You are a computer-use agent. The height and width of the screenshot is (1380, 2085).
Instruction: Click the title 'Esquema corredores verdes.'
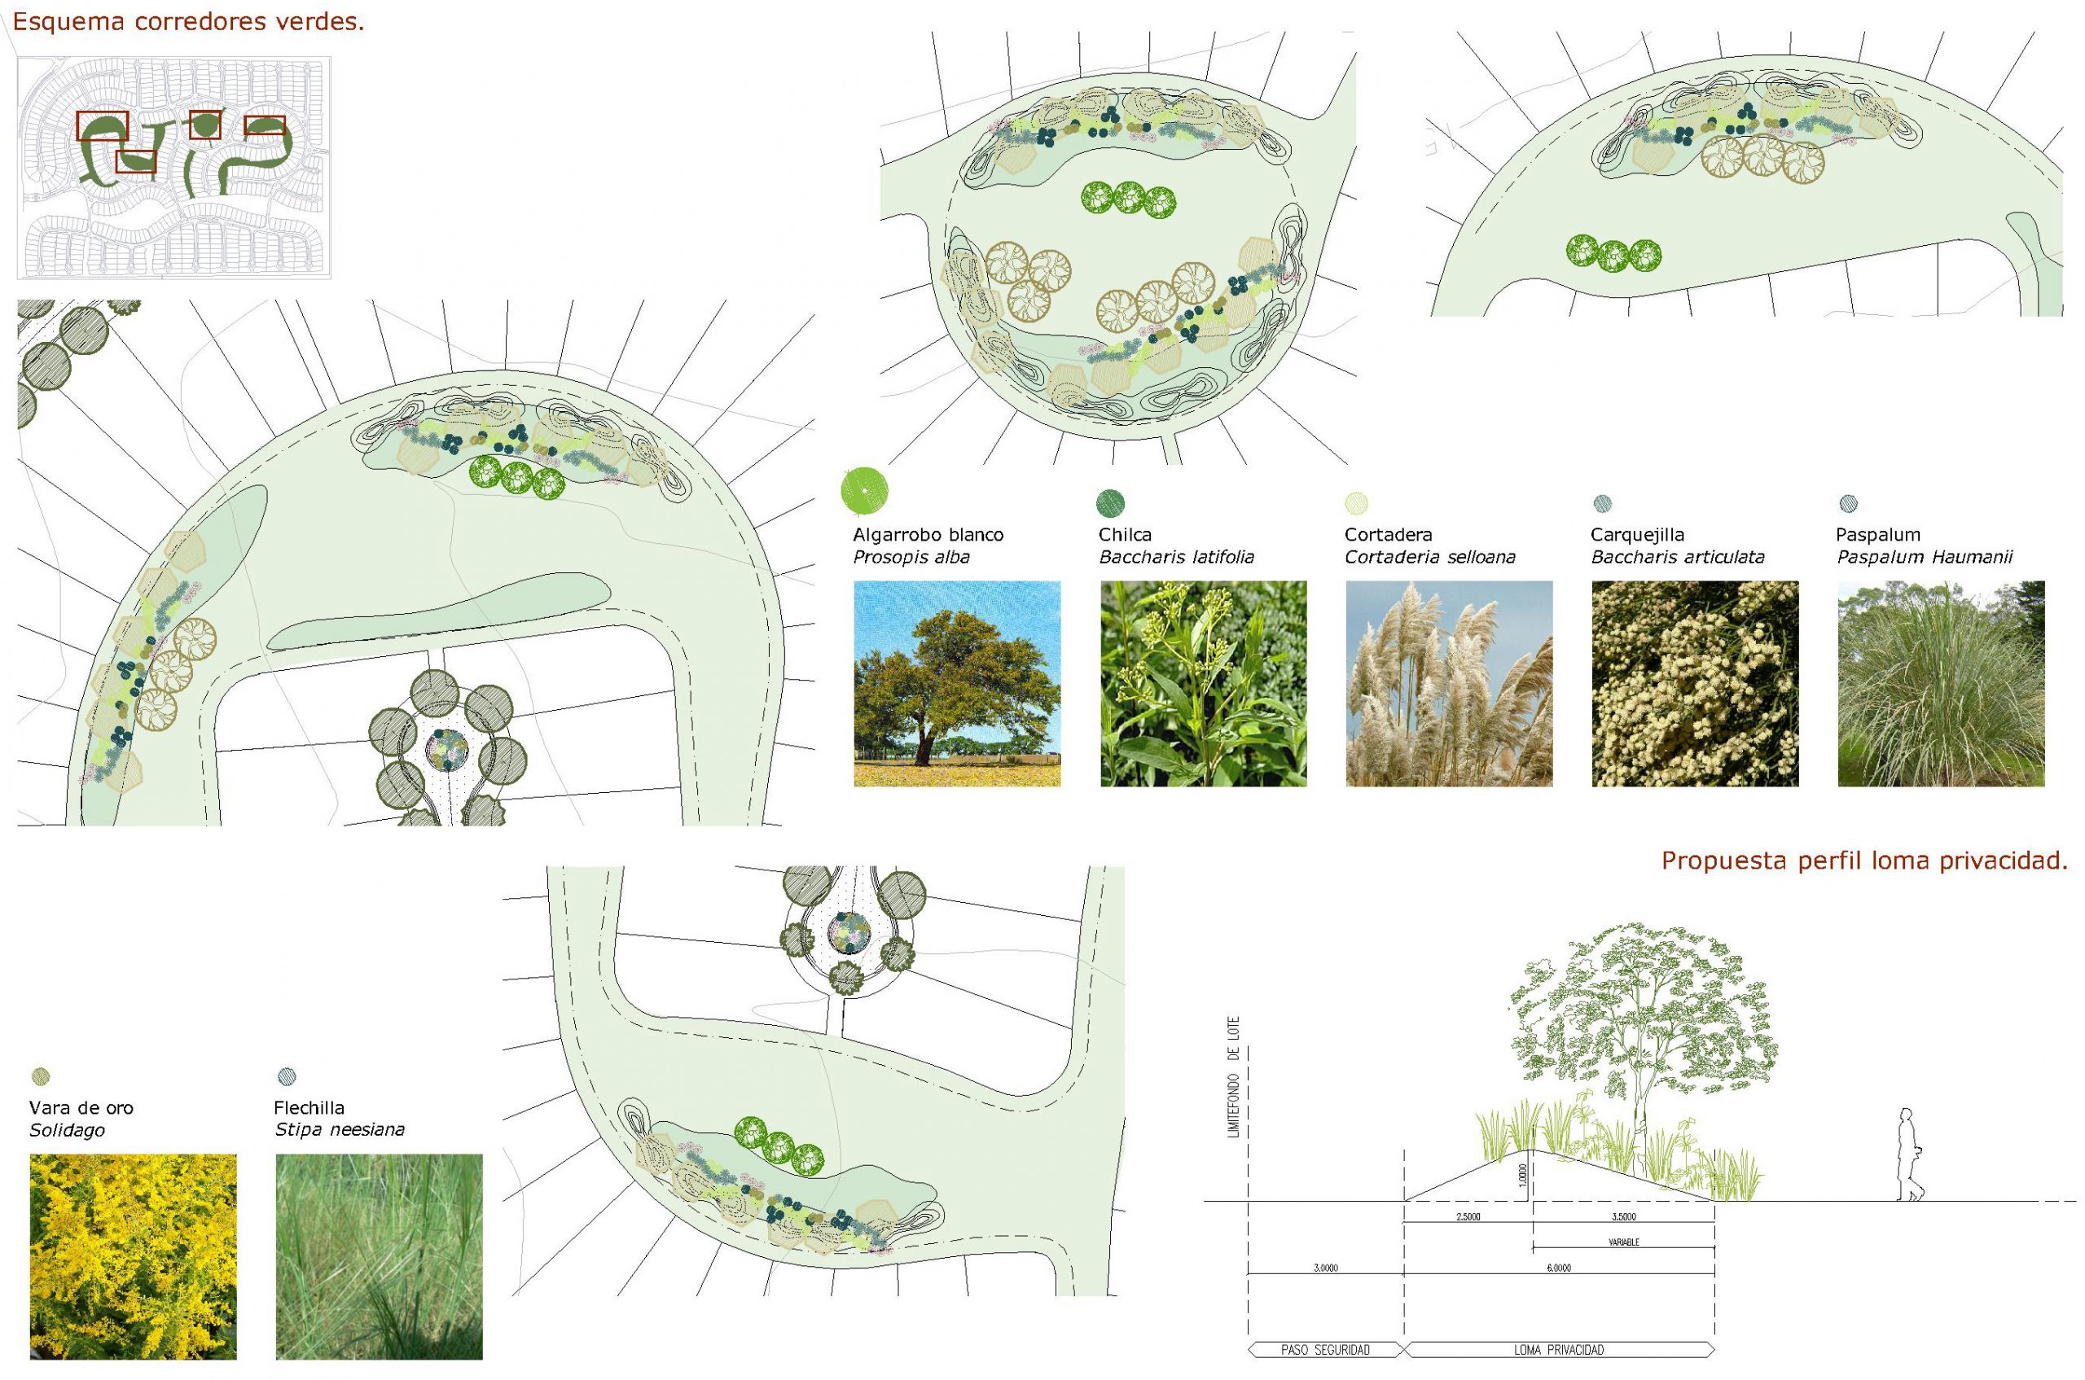(x=188, y=22)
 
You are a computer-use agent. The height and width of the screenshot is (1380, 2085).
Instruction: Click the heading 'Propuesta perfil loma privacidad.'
(x=1864, y=861)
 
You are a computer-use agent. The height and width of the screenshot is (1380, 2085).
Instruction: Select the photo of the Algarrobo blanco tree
(x=957, y=684)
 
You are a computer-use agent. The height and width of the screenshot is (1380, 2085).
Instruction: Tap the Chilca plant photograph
(x=1203, y=684)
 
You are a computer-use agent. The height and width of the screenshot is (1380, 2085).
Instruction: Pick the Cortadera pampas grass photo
(x=1449, y=684)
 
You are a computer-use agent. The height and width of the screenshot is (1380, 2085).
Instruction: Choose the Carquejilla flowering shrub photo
(x=1695, y=684)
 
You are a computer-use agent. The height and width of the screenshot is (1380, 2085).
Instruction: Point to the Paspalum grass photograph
(x=1942, y=684)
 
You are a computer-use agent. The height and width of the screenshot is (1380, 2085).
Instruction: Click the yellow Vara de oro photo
(x=133, y=1257)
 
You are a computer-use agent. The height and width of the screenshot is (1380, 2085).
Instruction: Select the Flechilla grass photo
(x=379, y=1257)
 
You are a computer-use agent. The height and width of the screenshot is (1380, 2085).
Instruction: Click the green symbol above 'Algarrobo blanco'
(x=865, y=490)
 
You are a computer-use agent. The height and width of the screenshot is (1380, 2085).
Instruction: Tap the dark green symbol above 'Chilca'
(x=1110, y=503)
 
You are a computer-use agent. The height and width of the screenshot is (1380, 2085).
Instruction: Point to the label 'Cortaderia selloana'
(x=1430, y=557)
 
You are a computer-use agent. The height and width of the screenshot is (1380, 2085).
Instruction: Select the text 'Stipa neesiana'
(x=340, y=1129)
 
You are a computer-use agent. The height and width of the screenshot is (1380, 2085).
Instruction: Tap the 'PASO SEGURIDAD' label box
(x=1326, y=1349)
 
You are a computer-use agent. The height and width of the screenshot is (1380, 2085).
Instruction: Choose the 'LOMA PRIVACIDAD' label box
(x=1559, y=1349)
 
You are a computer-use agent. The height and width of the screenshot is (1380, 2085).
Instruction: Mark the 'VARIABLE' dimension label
(x=1624, y=1242)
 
